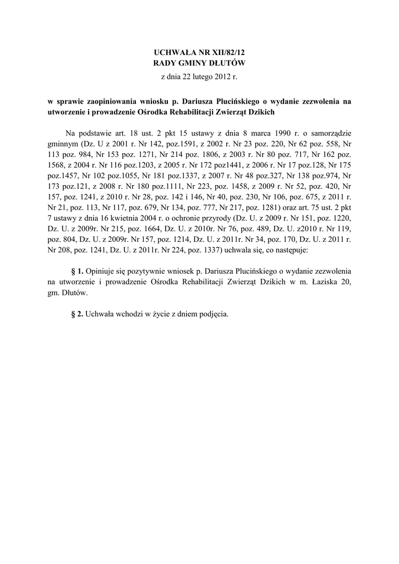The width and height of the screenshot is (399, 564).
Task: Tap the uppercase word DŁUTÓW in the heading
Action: (x=228, y=63)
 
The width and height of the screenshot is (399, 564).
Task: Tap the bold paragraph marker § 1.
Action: (x=77, y=272)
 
